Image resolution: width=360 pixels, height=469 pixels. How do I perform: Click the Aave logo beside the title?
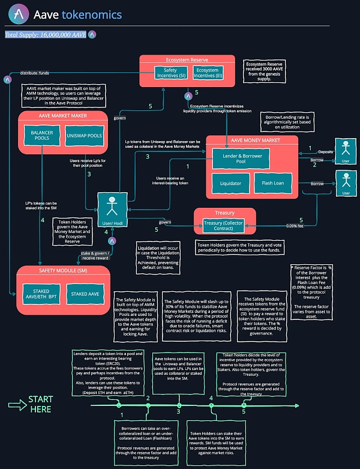pos(17,14)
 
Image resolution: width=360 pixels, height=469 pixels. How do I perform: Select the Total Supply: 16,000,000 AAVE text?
pos(45,35)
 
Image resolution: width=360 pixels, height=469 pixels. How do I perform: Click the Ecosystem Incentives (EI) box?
pos(207,73)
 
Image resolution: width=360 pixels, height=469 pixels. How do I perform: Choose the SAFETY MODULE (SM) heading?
pos(64,270)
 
